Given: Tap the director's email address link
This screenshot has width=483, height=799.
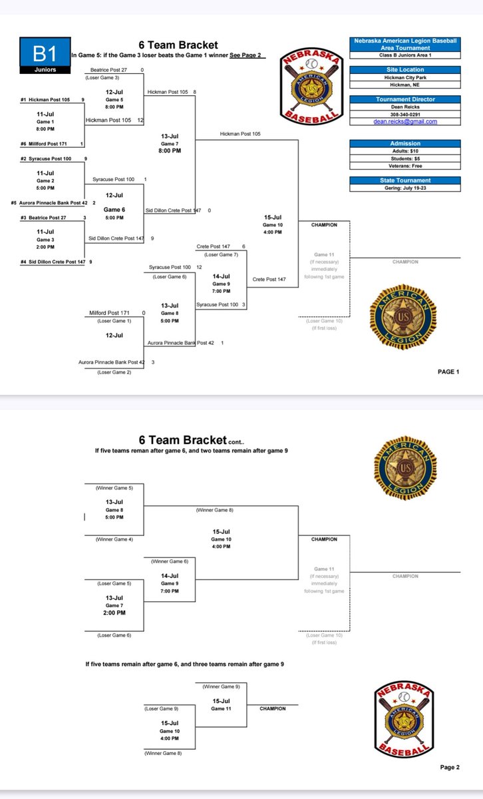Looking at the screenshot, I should click(404, 122).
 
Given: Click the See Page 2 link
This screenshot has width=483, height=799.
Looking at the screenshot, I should click(245, 55).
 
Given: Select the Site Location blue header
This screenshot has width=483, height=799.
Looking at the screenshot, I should click(404, 69).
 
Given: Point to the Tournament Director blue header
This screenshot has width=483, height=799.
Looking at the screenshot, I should click(404, 99).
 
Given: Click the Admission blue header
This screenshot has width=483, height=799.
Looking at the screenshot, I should click(404, 143).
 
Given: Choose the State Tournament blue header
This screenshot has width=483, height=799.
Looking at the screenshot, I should click(404, 180).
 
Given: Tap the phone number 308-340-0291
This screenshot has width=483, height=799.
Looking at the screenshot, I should click(404, 115).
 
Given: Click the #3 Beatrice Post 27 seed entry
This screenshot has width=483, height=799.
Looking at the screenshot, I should click(43, 217).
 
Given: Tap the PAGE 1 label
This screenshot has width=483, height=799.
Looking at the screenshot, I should click(448, 372).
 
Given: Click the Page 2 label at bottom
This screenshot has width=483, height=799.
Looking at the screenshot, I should click(449, 767).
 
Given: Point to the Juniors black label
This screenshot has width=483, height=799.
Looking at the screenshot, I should click(42, 69).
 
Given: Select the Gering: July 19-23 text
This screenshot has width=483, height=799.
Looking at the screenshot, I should click(404, 188).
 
